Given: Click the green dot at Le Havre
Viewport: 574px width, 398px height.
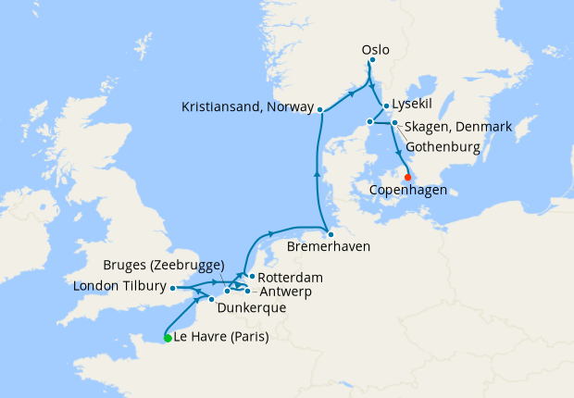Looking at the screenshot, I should pyautogui.click(x=168, y=339).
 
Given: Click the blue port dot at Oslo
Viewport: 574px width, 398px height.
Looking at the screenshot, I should pyautogui.click(x=371, y=61).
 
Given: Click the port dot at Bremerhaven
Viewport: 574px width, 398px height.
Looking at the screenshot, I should pyautogui.click(x=329, y=234).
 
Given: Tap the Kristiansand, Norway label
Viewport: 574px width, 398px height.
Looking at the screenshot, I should pyautogui.click(x=247, y=107).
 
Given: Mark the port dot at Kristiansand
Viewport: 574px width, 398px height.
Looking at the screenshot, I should pyautogui.click(x=319, y=110).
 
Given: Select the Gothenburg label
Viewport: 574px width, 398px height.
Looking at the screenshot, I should pyautogui.click(x=448, y=147).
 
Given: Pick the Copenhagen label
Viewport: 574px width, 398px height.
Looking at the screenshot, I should pyautogui.click(x=407, y=190).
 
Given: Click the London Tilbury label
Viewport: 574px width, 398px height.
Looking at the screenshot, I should pyautogui.click(x=119, y=287).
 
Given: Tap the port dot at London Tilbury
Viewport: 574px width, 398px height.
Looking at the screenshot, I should pyautogui.click(x=173, y=288).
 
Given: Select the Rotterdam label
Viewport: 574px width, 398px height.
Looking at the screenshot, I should pyautogui.click(x=291, y=277).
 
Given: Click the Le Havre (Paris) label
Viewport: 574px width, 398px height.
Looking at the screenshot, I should pyautogui.click(x=221, y=338).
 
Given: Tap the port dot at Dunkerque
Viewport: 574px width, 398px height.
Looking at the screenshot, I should pyautogui.click(x=212, y=299).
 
